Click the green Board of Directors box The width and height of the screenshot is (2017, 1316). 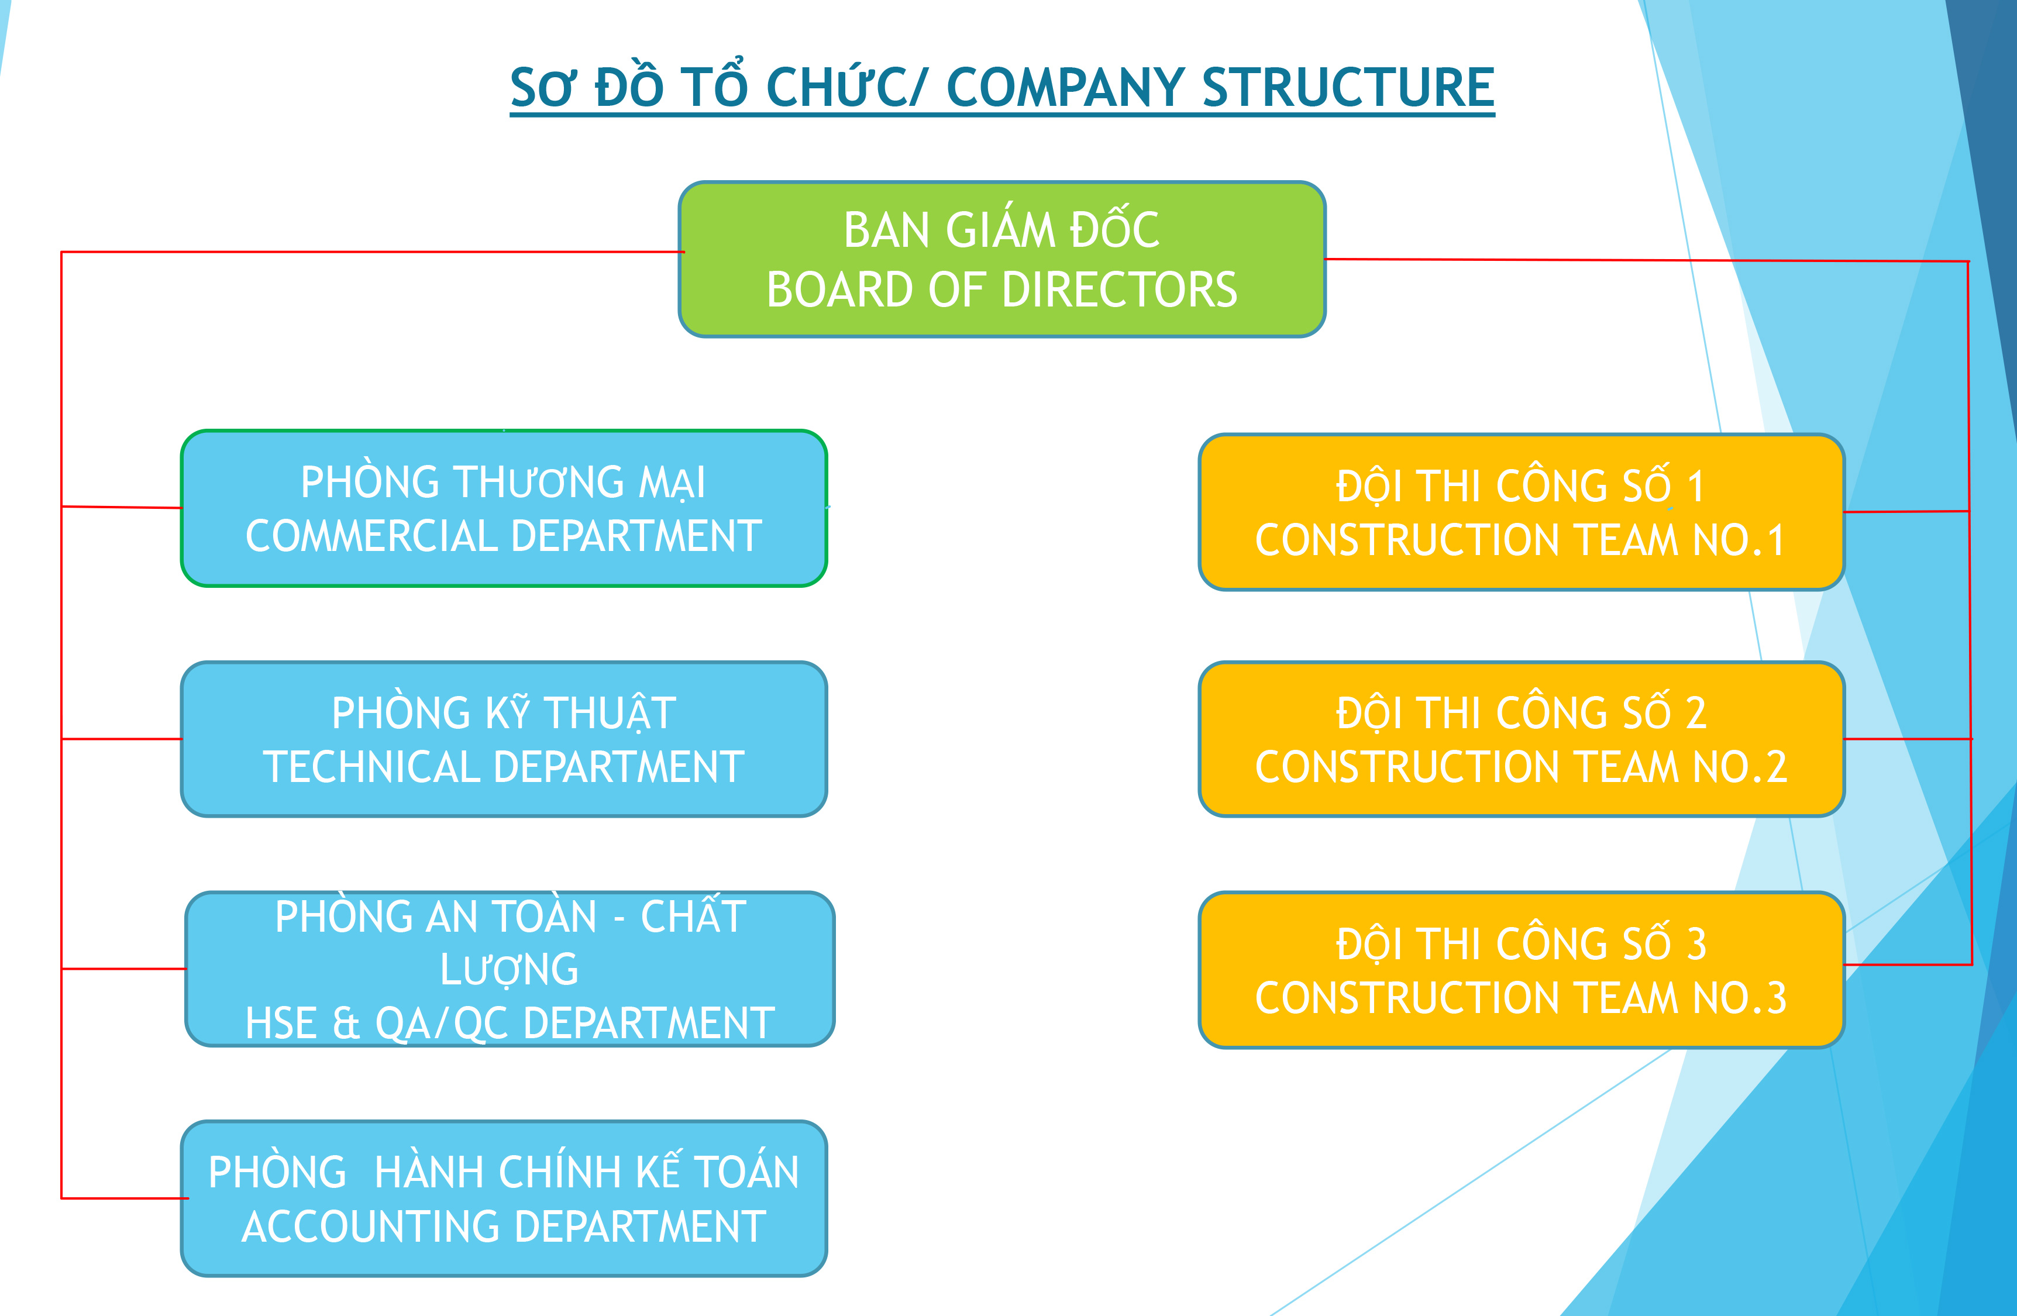coord(1001,259)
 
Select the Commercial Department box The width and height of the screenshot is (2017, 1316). coord(504,508)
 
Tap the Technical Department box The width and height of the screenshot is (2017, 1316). coord(504,739)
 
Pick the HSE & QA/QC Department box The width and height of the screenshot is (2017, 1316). coord(510,969)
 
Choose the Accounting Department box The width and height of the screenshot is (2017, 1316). coord(504,1198)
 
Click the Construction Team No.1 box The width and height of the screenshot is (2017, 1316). coord(1521,512)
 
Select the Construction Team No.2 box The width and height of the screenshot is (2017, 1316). coord(1521,739)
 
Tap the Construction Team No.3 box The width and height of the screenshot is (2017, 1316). coord(1521,969)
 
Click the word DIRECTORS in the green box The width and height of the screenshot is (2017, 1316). coord(1120,290)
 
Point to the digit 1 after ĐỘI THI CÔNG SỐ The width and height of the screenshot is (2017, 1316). coord(1696,487)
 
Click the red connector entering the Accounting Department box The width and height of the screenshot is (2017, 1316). coord(125,1198)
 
